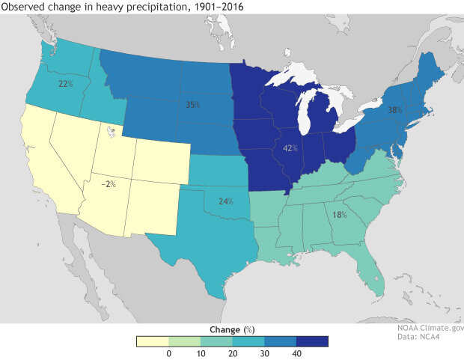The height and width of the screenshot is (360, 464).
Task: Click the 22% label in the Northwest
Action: click(65, 84)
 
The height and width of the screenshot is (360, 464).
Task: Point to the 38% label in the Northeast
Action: click(395, 110)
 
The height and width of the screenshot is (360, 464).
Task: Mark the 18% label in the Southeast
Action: click(340, 215)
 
